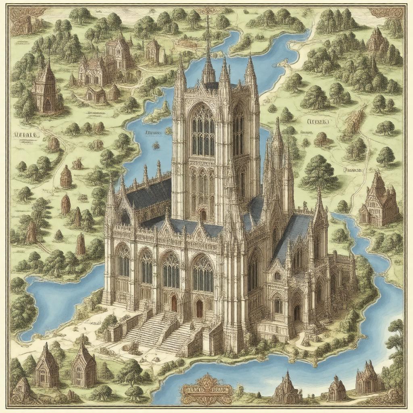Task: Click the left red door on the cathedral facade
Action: click(x=174, y=303)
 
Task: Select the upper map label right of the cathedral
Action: click(x=318, y=121)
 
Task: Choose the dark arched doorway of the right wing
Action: click(x=297, y=312)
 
